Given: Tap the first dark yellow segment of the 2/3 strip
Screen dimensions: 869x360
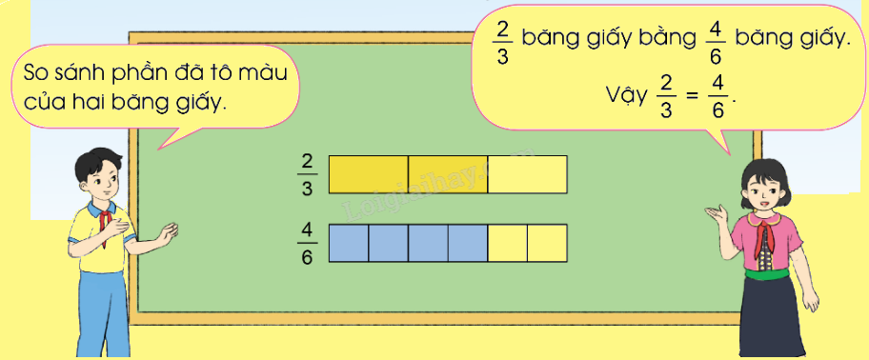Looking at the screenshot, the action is click(368, 174).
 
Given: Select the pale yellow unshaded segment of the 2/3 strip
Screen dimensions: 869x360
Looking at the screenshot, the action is click(527, 174).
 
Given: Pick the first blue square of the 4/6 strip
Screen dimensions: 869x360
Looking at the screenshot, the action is click(349, 243).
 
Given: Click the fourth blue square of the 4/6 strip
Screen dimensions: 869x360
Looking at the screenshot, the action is click(467, 243).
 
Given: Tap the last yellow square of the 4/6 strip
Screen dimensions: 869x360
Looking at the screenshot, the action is click(547, 243).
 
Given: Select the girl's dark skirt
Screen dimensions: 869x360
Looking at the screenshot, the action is click(778, 314).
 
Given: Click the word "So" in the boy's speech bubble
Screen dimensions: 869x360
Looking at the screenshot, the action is click(34, 75).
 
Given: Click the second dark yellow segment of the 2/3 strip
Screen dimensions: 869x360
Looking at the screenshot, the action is click(447, 174).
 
